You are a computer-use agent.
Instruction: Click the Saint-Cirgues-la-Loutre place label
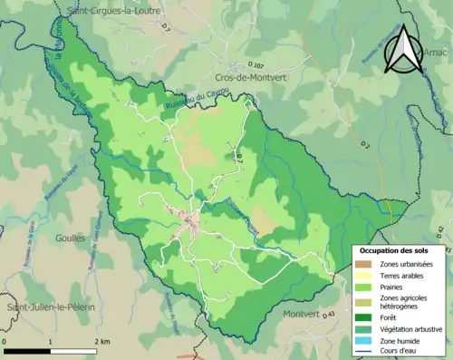(x=110, y=11)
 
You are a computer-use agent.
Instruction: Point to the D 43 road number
(x=328, y=314)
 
